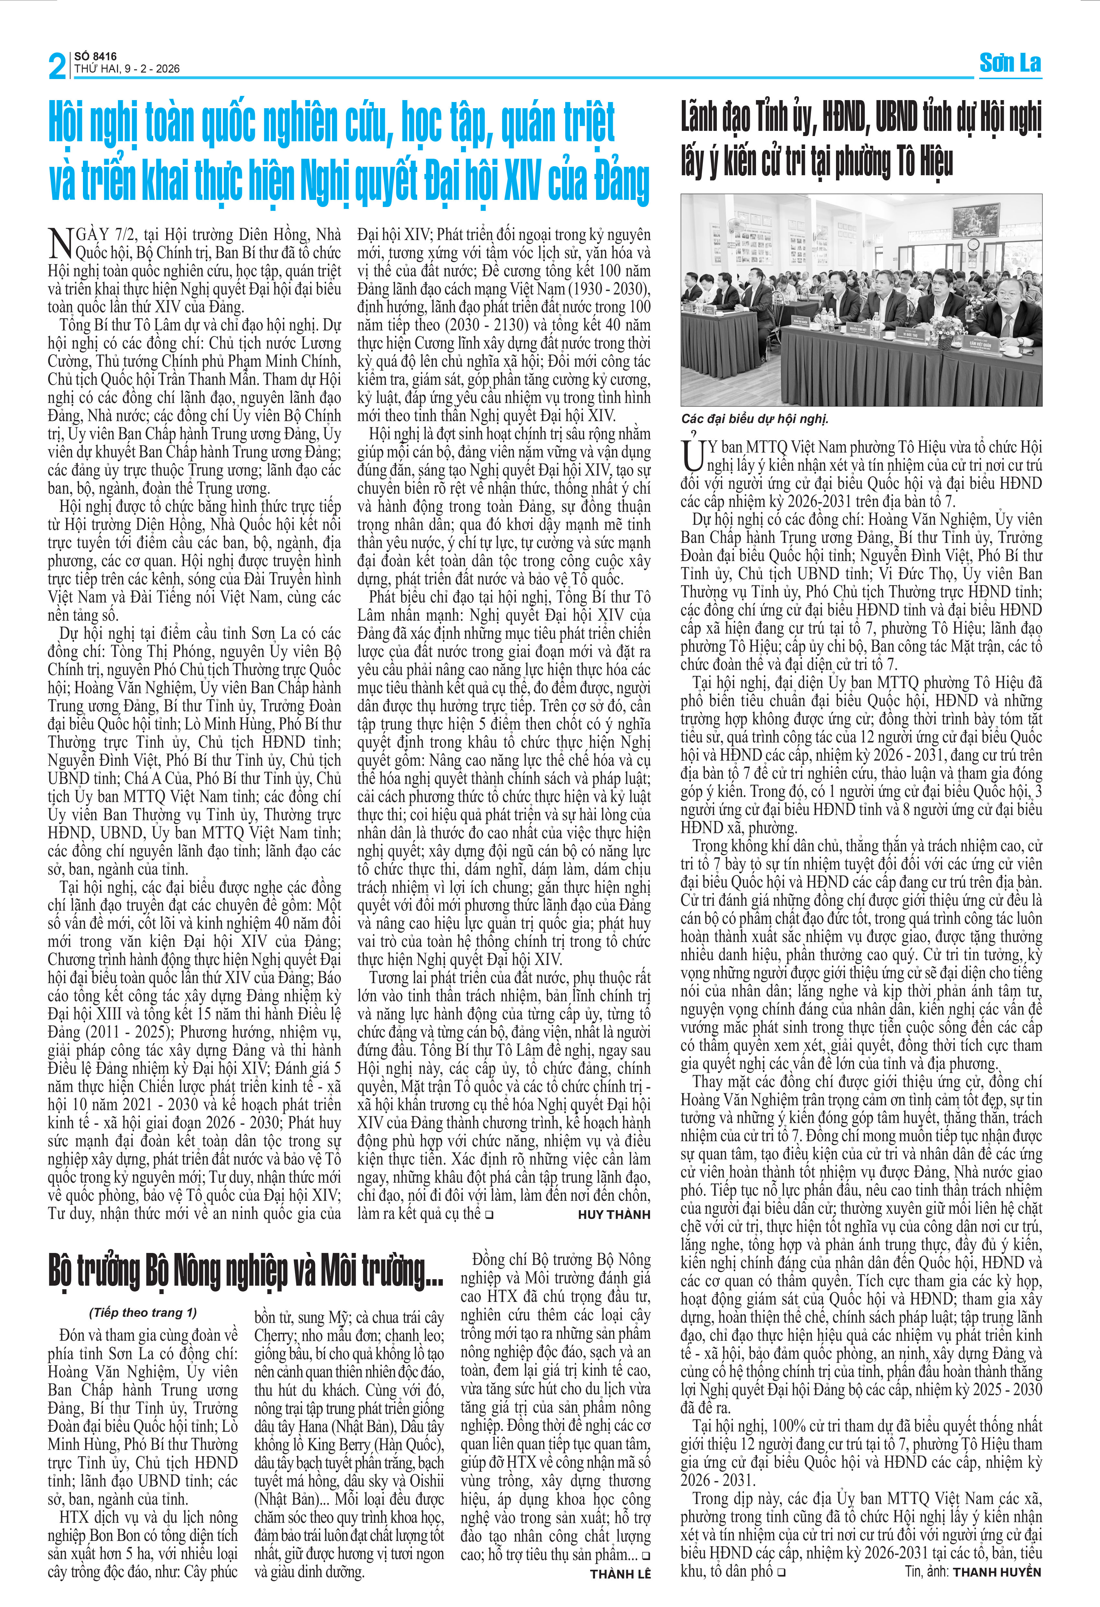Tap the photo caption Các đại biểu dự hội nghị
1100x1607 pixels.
pos(754,418)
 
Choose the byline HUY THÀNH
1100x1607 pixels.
pos(614,1214)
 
